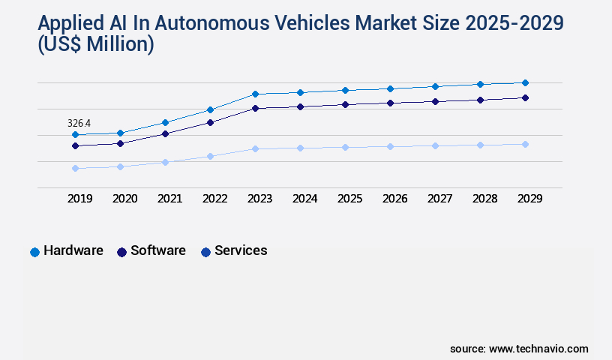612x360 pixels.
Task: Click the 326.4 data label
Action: (x=79, y=123)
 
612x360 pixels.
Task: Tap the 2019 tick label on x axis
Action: (x=79, y=199)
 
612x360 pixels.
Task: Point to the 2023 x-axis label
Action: (x=259, y=199)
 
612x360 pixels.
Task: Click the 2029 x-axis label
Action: (x=529, y=199)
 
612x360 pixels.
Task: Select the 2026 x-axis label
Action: (x=394, y=199)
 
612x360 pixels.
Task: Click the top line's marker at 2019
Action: (x=75, y=135)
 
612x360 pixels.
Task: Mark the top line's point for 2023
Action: (x=255, y=94)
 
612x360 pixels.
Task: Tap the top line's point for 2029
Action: (x=525, y=82)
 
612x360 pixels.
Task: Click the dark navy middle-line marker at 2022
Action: (x=210, y=122)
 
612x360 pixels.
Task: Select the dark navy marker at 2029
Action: (x=525, y=97)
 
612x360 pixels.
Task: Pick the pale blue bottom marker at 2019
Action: (x=75, y=169)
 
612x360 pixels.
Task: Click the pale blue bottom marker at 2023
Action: (x=255, y=148)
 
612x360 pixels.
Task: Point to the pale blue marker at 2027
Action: (x=435, y=145)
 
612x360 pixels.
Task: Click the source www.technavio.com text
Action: (x=519, y=349)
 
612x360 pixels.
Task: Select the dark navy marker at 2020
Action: (x=120, y=143)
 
